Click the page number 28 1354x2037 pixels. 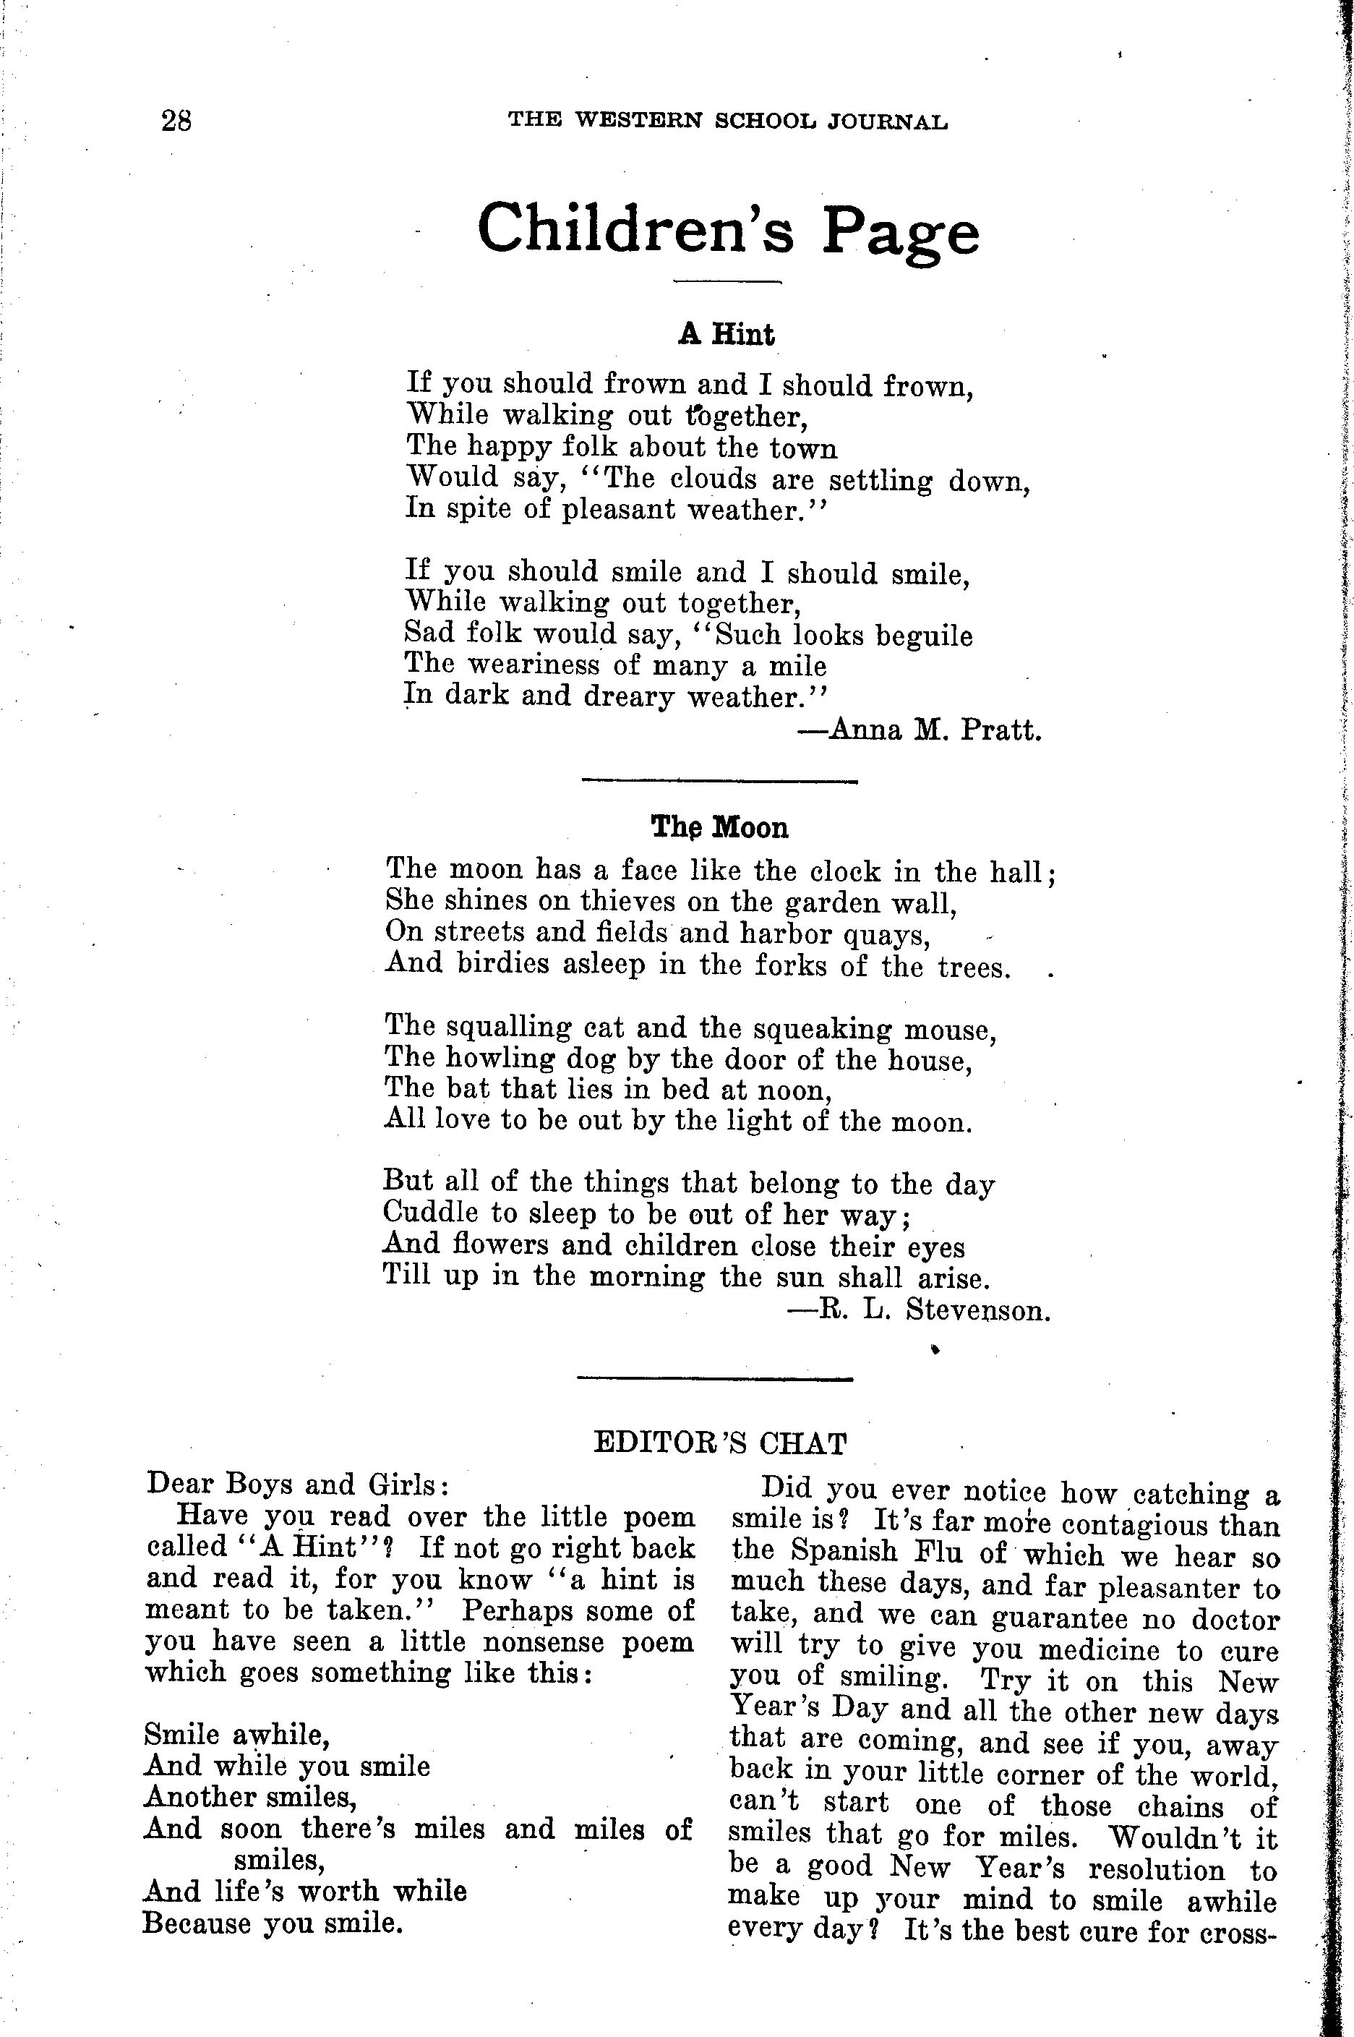[176, 120]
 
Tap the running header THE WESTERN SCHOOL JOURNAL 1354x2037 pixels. [728, 121]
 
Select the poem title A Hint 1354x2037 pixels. [727, 334]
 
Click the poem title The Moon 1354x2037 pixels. [719, 827]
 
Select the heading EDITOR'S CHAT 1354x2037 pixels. [720, 1442]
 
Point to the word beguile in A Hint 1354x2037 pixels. [924, 636]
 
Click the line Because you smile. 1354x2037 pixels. [273, 1922]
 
